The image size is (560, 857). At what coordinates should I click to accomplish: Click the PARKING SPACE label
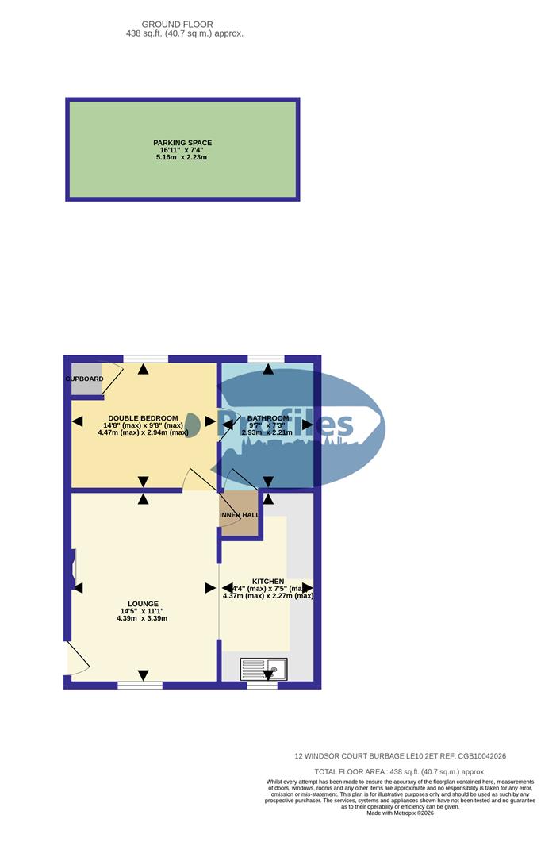pos(182,143)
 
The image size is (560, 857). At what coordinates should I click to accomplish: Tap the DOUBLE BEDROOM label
pos(143,417)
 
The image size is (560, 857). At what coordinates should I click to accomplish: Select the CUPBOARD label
pos(84,379)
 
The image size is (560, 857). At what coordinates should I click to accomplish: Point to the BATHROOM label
pos(268,418)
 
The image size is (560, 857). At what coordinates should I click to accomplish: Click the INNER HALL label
pos(239,515)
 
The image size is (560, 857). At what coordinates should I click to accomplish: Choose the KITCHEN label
pos(268,582)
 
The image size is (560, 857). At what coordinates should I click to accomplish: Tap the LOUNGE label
pos(144,603)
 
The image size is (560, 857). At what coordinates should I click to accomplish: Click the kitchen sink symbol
pos(263,669)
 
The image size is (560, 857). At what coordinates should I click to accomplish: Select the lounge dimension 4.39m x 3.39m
pos(144,618)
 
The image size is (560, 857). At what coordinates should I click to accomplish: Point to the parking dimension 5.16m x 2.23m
pos(182,158)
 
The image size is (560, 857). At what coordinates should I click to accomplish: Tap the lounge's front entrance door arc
pos(78,660)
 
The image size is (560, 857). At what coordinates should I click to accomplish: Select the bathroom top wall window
pos(266,359)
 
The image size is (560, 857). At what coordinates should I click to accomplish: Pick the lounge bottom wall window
pos(140,685)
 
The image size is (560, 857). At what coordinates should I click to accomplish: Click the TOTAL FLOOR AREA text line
pos(400,771)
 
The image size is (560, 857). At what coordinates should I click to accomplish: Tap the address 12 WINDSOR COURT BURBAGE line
pos(400,756)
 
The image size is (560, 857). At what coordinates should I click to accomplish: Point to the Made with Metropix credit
pos(401,813)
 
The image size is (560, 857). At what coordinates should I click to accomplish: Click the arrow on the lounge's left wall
pos(77,587)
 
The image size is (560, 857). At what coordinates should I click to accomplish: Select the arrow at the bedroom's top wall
pos(144,368)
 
